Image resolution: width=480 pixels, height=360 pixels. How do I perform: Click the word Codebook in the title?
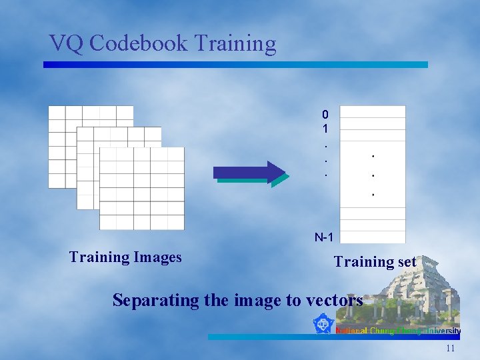point(138,43)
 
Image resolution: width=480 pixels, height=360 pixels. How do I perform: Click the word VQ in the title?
point(66,43)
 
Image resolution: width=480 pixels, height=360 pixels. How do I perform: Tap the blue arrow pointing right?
point(251,172)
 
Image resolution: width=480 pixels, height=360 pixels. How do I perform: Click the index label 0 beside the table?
point(325,114)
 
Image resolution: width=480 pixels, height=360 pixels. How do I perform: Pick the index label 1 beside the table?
point(325,127)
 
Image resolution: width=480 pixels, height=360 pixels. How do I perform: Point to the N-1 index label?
point(324,237)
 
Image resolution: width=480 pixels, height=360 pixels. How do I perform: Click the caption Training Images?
point(125,257)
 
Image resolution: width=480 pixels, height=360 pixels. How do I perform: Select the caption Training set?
point(375,262)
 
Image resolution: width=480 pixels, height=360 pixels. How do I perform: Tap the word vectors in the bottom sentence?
point(334,301)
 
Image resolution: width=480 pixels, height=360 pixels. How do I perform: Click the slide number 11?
point(451,348)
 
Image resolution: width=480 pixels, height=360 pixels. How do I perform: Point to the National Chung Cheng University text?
point(398,331)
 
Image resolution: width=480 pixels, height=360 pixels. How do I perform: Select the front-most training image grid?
point(142,189)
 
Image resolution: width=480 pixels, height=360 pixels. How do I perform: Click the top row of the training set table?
point(373,112)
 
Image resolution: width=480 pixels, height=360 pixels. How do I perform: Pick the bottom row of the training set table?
point(373,237)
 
